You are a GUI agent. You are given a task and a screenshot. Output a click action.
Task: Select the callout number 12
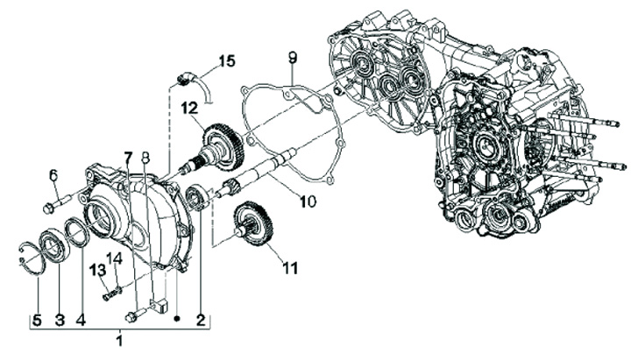click(x=191, y=109)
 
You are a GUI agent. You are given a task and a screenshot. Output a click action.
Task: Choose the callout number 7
click(x=129, y=158)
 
